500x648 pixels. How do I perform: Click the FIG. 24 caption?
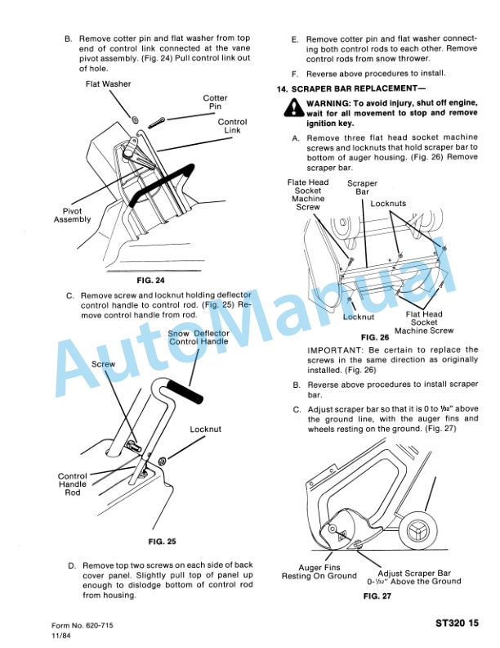coord(154,280)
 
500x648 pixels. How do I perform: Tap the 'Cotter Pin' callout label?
coord(215,102)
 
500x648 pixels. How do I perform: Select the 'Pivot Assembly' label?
coord(73,215)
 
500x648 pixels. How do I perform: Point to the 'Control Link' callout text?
coord(232,127)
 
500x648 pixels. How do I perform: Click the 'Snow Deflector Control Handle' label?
coord(199,337)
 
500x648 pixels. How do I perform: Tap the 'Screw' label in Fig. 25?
coord(104,363)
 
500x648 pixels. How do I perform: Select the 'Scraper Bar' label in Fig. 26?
coord(362,188)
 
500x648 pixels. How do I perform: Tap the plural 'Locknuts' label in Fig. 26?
coord(388,204)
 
